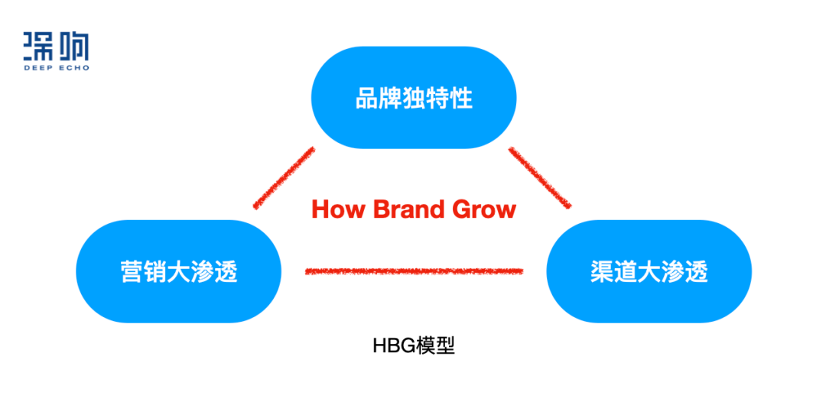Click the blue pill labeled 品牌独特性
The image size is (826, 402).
pyautogui.click(x=414, y=99)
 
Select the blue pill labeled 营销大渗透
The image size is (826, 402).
pyautogui.click(x=179, y=271)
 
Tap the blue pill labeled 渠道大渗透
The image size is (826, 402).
pyautogui.click(x=649, y=271)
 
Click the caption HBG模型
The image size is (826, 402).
pyautogui.click(x=414, y=345)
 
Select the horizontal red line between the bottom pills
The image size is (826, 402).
pyautogui.click(x=414, y=271)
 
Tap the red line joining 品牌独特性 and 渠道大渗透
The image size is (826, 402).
pyautogui.click(x=540, y=177)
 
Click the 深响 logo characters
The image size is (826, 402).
pyautogui.click(x=56, y=47)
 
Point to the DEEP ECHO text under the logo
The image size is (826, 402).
pyautogui.click(x=56, y=68)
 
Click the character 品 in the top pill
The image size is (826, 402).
pyautogui.click(x=367, y=99)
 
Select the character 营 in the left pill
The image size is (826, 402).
pyautogui.click(x=132, y=271)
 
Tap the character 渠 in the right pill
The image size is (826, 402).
pyautogui.click(x=603, y=271)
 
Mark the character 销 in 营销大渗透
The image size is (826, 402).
pyautogui.click(x=155, y=271)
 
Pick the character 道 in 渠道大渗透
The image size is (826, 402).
pyautogui.click(x=626, y=271)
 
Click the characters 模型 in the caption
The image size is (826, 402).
pyautogui.click(x=434, y=345)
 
